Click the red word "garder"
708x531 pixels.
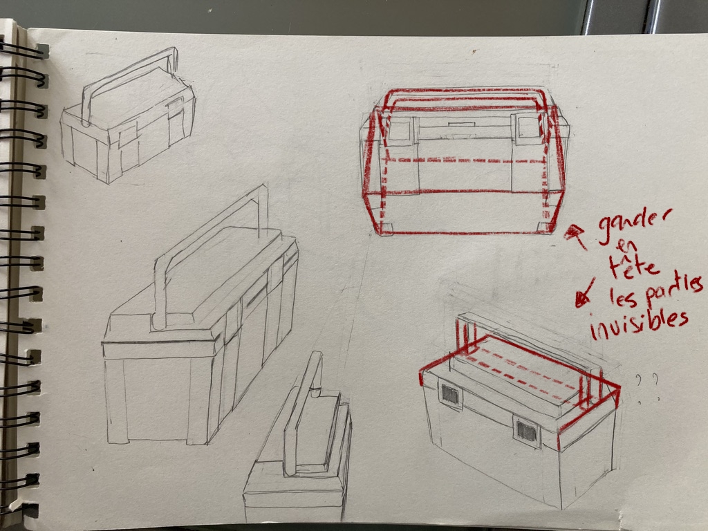635,225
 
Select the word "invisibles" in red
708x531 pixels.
639,324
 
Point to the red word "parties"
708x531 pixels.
673,290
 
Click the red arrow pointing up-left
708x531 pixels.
576,236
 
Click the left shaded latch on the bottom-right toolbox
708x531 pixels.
449,395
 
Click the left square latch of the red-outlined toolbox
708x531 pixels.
400,131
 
